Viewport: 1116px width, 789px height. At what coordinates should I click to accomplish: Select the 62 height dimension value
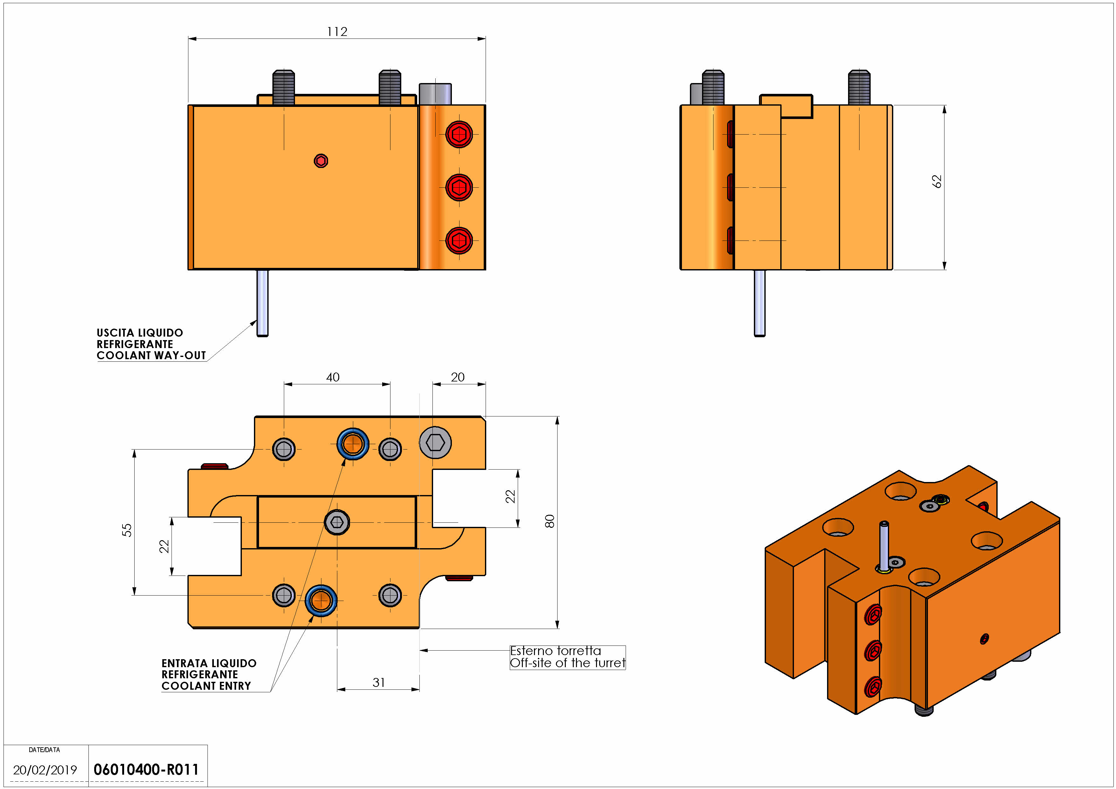tap(937, 181)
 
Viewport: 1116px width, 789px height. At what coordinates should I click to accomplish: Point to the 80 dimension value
tap(549, 521)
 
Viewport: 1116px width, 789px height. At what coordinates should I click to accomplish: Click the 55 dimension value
tap(126, 530)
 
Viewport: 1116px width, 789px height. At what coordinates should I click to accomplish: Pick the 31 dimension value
tap(379, 683)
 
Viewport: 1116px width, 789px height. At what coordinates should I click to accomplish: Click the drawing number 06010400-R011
tap(146, 770)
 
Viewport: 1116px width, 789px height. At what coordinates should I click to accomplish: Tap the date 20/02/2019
tap(45, 770)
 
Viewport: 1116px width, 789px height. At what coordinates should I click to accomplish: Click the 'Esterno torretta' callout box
tap(567, 657)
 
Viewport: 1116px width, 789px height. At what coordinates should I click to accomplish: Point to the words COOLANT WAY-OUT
tap(151, 355)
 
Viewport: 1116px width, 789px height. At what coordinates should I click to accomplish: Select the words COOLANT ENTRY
tap(206, 686)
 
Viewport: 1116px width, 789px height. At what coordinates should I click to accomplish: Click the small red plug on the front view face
tap(321, 161)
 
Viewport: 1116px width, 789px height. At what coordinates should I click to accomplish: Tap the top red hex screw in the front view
tap(459, 134)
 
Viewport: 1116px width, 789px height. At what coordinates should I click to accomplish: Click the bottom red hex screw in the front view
tap(459, 240)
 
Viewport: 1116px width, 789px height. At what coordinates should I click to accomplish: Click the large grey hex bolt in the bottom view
tap(435, 443)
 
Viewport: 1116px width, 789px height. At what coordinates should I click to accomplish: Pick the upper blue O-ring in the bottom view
tap(352, 443)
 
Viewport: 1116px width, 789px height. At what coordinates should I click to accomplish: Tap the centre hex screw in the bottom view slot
tap(336, 522)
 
